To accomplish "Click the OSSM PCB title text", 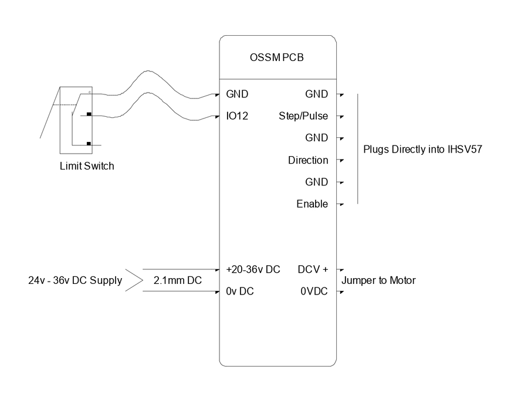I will click(x=277, y=58).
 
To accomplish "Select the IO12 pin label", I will click(x=237, y=116).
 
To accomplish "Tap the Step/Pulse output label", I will click(x=303, y=116).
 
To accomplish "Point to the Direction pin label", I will click(x=308, y=160).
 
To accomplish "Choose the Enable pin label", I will click(x=312, y=204).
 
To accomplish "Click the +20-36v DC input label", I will click(x=253, y=269).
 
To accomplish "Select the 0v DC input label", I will click(x=240, y=292).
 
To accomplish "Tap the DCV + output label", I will click(x=313, y=269).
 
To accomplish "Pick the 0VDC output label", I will click(x=314, y=292).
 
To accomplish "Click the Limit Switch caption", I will click(x=87, y=166).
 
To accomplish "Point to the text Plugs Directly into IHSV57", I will click(x=422, y=149).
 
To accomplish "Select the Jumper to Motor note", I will click(x=378, y=280).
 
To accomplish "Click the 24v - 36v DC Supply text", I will click(x=75, y=280).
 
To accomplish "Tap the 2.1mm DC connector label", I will click(x=177, y=280).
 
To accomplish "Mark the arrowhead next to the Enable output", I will click(x=341, y=204).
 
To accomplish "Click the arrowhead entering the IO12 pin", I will click(x=216, y=116).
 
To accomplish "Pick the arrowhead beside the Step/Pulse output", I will click(x=341, y=116).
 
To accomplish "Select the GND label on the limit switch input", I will click(x=237, y=94).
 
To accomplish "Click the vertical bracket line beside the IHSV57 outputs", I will click(x=357, y=149).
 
